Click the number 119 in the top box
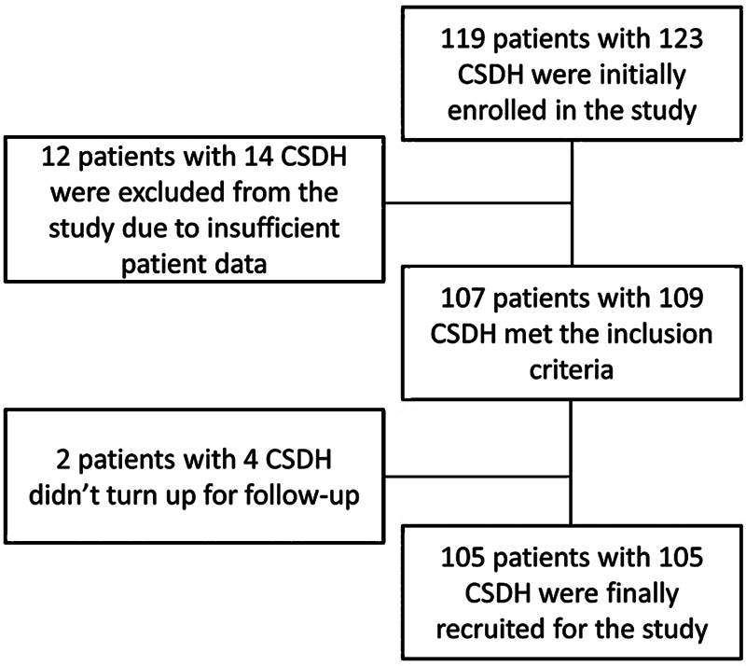point(463,38)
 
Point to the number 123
point(681,38)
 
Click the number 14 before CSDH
point(259,157)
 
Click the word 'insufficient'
point(273,229)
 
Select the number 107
point(463,298)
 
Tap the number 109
point(681,298)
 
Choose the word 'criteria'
point(572,370)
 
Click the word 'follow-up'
point(302,496)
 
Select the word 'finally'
point(642,594)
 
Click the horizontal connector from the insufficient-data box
point(477,203)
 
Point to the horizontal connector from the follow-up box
point(477,476)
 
